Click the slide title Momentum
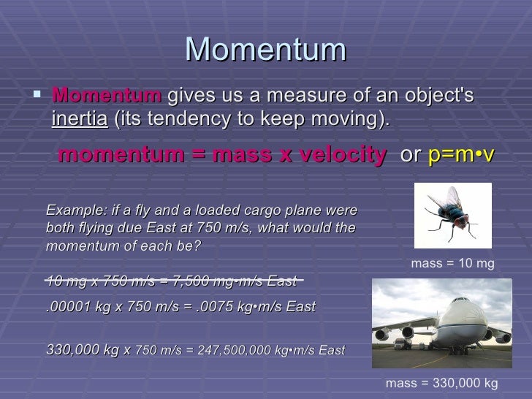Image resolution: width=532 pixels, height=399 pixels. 265,50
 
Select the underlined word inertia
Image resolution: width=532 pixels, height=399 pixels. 79,119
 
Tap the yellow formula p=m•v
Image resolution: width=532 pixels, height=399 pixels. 461,154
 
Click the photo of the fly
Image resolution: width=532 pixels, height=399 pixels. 452,215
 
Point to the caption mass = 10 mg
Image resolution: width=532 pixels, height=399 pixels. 453,265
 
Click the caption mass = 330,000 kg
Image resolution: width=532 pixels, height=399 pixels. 441,382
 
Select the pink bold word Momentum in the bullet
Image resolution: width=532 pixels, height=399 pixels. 107,96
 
